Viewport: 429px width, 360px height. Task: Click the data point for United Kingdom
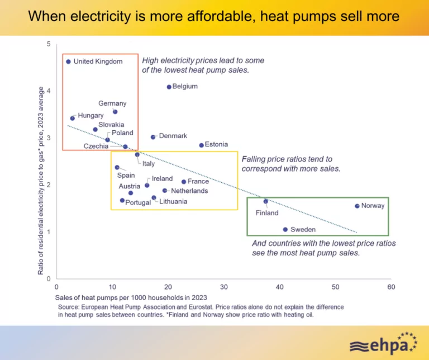(x=68, y=61)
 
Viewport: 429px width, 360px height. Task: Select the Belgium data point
(x=169, y=87)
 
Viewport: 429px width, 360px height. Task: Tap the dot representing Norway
(x=357, y=206)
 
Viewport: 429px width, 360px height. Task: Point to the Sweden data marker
(x=285, y=229)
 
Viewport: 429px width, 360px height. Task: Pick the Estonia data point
(x=202, y=145)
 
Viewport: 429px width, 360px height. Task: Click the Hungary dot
(x=73, y=118)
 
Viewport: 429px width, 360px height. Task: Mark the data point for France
(x=183, y=182)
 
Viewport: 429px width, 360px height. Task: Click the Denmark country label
(x=173, y=136)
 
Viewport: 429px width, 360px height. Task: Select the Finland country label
(x=267, y=213)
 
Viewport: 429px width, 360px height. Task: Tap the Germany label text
(x=112, y=103)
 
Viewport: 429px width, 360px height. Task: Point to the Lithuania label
(x=173, y=201)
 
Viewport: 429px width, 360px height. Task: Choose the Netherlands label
(x=189, y=191)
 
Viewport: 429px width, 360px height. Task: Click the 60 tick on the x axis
(x=391, y=287)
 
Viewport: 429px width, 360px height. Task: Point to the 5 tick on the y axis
(x=49, y=44)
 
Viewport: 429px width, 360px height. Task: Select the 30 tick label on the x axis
(x=224, y=287)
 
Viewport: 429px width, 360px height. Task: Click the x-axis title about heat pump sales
(x=132, y=296)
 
